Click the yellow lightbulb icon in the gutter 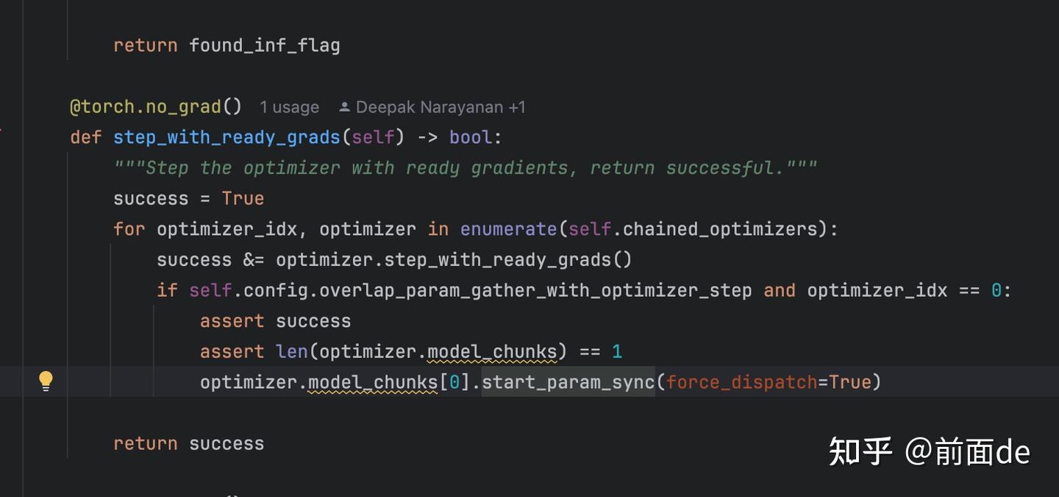pyautogui.click(x=46, y=381)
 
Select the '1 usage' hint pyautogui.click(x=289, y=107)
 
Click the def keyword pyautogui.click(x=86, y=138)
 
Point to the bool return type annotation pyautogui.click(x=471, y=138)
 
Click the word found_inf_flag pyautogui.click(x=264, y=46)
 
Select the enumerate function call pyautogui.click(x=508, y=229)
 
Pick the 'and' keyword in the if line pyautogui.click(x=779, y=291)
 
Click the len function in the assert pyautogui.click(x=292, y=351)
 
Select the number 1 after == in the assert pyautogui.click(x=617, y=351)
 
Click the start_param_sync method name pyautogui.click(x=568, y=382)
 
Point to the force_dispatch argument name pyautogui.click(x=741, y=382)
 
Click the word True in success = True pyautogui.click(x=243, y=199)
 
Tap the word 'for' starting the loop pyautogui.click(x=129, y=229)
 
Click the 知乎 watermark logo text pyautogui.click(x=860, y=451)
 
